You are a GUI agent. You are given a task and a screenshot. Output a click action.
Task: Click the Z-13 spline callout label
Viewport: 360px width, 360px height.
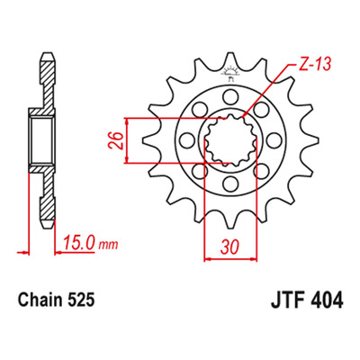click(x=314, y=65)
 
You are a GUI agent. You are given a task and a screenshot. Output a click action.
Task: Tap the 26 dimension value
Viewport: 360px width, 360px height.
click(x=116, y=140)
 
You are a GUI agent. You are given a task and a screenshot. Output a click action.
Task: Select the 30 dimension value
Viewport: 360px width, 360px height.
click(x=230, y=247)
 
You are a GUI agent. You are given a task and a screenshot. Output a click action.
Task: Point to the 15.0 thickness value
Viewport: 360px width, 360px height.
click(x=79, y=243)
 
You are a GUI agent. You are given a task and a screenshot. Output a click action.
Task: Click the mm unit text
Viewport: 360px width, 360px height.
click(x=108, y=246)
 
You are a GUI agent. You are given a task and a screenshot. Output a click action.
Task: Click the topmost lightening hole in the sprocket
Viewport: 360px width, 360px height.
click(x=230, y=97)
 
